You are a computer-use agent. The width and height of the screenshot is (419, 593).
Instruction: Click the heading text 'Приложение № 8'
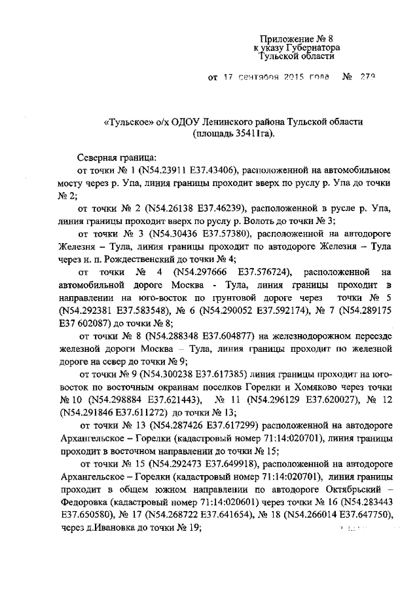click(x=288, y=39)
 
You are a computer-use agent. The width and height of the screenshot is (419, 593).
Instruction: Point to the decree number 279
click(x=367, y=77)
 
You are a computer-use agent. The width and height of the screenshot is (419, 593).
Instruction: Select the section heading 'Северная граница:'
click(x=117, y=158)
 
